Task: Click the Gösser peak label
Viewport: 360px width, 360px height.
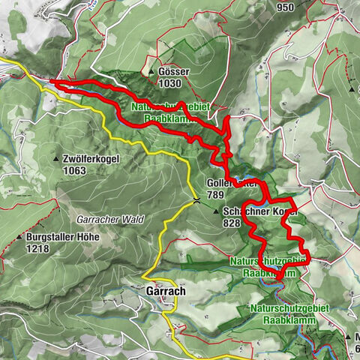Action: pos(174,70)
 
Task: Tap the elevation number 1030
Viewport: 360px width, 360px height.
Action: pos(169,82)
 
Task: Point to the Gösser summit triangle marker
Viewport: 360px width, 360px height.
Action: pos(152,71)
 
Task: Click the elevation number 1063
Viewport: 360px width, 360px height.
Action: pos(75,170)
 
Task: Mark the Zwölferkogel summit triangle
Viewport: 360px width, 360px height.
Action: pos(58,160)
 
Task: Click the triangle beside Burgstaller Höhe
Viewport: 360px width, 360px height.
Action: pos(19,238)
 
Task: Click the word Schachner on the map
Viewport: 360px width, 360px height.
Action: pos(244,213)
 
